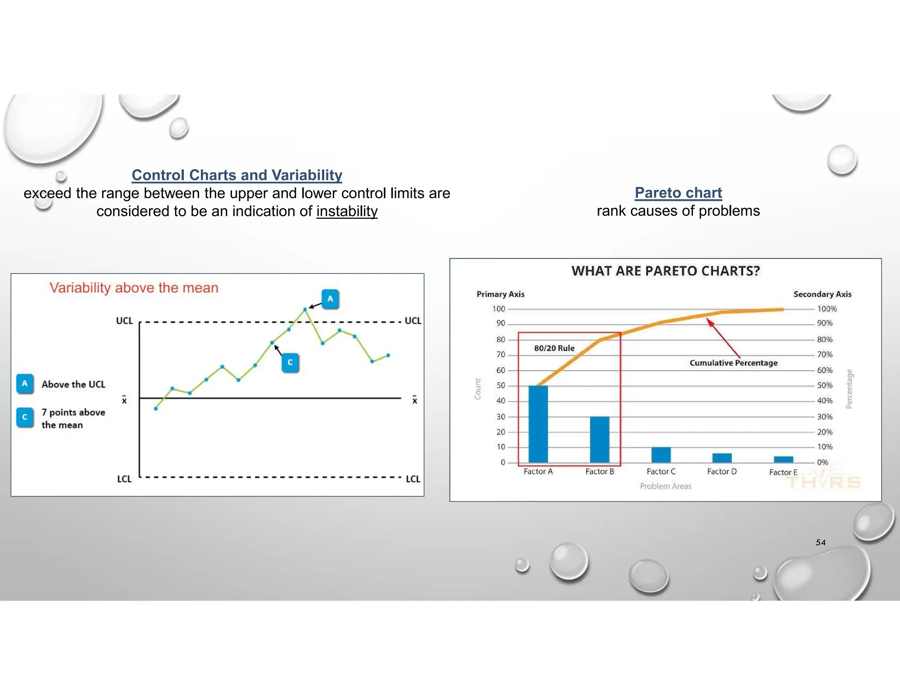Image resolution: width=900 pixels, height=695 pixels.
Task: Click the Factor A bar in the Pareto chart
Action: point(538,424)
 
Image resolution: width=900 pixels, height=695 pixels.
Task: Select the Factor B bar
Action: point(599,439)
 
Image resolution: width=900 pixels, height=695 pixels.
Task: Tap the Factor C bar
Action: point(661,455)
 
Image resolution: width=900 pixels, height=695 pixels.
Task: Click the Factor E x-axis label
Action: point(783,472)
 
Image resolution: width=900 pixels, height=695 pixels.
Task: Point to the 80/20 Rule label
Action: point(554,348)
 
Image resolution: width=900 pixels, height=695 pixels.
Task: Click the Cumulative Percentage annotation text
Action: point(733,363)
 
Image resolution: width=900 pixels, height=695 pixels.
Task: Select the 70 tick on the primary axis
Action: point(501,355)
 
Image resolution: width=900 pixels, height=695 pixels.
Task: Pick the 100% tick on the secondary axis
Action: point(827,309)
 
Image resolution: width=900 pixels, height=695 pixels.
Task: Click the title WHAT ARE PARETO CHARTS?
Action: point(665,271)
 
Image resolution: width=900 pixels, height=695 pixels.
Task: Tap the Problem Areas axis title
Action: point(665,486)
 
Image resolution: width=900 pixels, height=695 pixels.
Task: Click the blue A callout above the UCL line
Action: point(330,299)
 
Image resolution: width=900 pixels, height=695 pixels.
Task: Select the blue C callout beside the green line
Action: point(290,362)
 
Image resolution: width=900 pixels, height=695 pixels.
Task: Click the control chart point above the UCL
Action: point(305,310)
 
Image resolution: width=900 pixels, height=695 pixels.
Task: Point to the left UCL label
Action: point(124,321)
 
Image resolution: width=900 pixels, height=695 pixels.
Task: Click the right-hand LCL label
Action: point(413,479)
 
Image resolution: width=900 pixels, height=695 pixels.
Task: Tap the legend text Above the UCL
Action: point(73,384)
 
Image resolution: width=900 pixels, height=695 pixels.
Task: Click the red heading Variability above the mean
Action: point(134,288)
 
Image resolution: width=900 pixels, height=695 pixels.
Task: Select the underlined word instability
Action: point(347,211)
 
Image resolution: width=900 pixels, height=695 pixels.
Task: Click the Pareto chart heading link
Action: point(678,192)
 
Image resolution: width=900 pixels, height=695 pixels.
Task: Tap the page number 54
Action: point(820,543)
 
